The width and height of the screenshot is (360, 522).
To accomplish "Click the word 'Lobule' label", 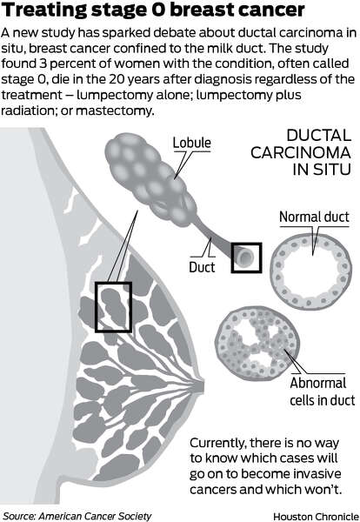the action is coord(191,143).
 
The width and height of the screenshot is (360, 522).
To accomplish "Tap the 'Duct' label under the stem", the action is coord(202,267).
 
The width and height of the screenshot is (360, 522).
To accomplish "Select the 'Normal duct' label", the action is coord(314,217).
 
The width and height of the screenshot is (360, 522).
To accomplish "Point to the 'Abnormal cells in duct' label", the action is coord(322,391).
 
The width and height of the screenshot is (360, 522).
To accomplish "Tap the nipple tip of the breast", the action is coord(203,385).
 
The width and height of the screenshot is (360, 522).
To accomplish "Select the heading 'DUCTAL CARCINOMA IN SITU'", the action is coord(301,152).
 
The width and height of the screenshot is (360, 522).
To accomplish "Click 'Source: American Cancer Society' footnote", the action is coord(77,516).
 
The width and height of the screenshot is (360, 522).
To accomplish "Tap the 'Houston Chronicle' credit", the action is coord(316,517).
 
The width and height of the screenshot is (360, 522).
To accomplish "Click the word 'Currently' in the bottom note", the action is coord(218,444).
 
